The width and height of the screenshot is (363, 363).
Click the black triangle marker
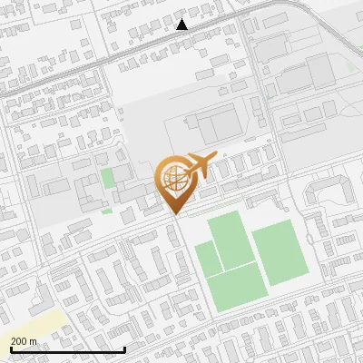[x=182, y=25]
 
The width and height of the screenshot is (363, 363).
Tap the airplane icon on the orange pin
[x=197, y=167]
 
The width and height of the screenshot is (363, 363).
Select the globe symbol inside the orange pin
[x=173, y=178]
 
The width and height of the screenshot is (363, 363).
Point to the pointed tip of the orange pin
[x=174, y=214]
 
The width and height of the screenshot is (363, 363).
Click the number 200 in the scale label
[x=18, y=342]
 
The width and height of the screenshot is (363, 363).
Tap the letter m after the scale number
[x=34, y=342]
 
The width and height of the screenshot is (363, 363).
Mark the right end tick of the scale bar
[x=99, y=348]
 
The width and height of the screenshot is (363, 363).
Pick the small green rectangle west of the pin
[x=108, y=178]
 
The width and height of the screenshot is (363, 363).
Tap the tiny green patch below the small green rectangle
[x=106, y=211]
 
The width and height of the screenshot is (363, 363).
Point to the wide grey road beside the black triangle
[x=136, y=46]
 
